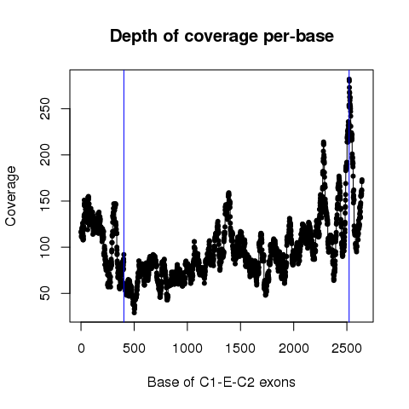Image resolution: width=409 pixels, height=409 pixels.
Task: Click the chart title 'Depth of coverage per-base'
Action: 222,37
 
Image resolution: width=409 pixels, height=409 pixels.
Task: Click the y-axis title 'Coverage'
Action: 11,196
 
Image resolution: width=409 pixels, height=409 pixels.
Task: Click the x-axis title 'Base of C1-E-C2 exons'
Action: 222,382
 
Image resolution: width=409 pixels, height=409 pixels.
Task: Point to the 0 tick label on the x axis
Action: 81,348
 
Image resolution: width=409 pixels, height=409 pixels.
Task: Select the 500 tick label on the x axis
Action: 134,348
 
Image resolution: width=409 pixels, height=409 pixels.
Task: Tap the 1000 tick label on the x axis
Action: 187,348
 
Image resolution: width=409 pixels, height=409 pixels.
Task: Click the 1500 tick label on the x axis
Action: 240,348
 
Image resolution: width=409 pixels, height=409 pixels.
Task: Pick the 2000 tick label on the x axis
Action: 294,348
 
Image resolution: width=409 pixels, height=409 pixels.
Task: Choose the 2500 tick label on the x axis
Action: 347,348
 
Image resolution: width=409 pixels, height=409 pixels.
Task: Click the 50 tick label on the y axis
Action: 45,293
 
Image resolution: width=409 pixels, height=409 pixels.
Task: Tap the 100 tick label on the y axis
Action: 45,247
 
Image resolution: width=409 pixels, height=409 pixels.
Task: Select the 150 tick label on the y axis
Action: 45,201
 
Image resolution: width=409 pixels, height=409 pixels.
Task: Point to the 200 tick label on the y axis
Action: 45,155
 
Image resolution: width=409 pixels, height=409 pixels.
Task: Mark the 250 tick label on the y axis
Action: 45,108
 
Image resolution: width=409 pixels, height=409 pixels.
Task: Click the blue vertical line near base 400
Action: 124,196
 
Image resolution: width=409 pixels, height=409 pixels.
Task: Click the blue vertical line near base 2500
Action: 349,196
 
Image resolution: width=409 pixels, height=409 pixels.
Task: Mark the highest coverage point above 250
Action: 349,80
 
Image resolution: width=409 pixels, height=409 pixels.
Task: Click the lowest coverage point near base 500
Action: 134,313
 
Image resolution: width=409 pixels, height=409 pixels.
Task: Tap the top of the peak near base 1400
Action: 228,193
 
